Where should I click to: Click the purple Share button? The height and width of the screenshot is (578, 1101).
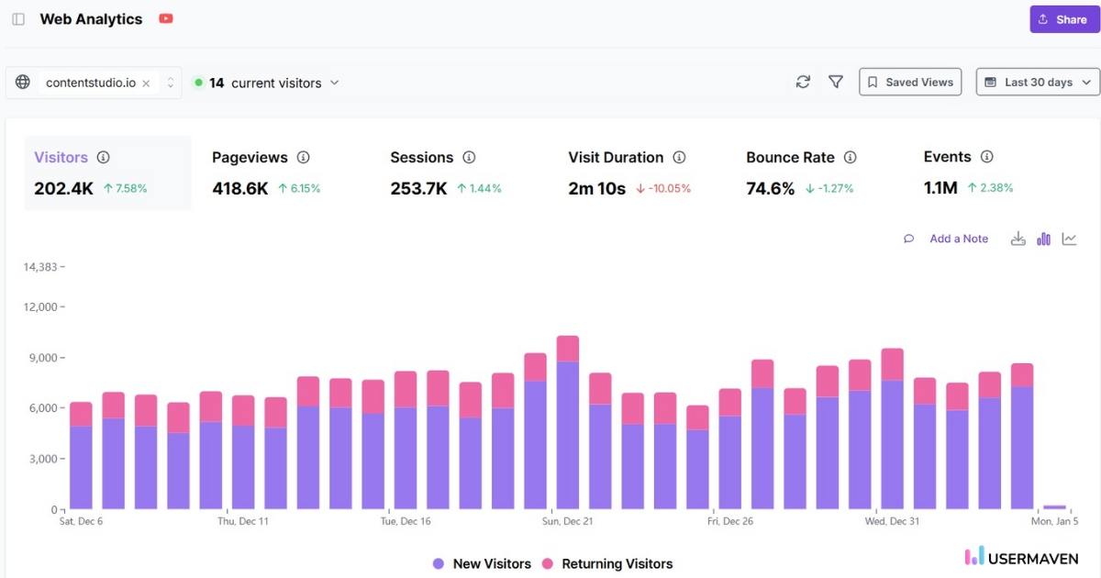1064,19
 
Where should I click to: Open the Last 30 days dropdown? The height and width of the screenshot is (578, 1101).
1038,83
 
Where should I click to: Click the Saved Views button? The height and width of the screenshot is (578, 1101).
910,83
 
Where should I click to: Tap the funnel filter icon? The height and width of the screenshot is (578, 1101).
836,83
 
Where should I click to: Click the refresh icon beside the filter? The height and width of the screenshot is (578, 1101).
803,83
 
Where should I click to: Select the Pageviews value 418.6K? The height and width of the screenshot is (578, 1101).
240,188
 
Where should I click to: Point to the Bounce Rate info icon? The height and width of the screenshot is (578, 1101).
850,158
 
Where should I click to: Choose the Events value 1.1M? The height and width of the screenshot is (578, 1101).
940,188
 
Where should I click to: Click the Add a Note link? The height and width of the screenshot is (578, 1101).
958,239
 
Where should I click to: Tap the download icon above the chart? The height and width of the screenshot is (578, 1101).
1018,239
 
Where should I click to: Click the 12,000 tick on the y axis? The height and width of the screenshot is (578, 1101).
40,307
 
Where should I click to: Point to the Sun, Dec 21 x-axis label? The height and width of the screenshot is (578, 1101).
567,521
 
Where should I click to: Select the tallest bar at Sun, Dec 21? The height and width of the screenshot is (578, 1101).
568,422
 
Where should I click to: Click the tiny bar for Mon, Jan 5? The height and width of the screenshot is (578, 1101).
1055,506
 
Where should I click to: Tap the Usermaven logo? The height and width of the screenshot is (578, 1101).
1021,556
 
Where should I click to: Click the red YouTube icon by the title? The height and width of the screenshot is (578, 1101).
166,19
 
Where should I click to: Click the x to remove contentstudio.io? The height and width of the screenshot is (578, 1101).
146,83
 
